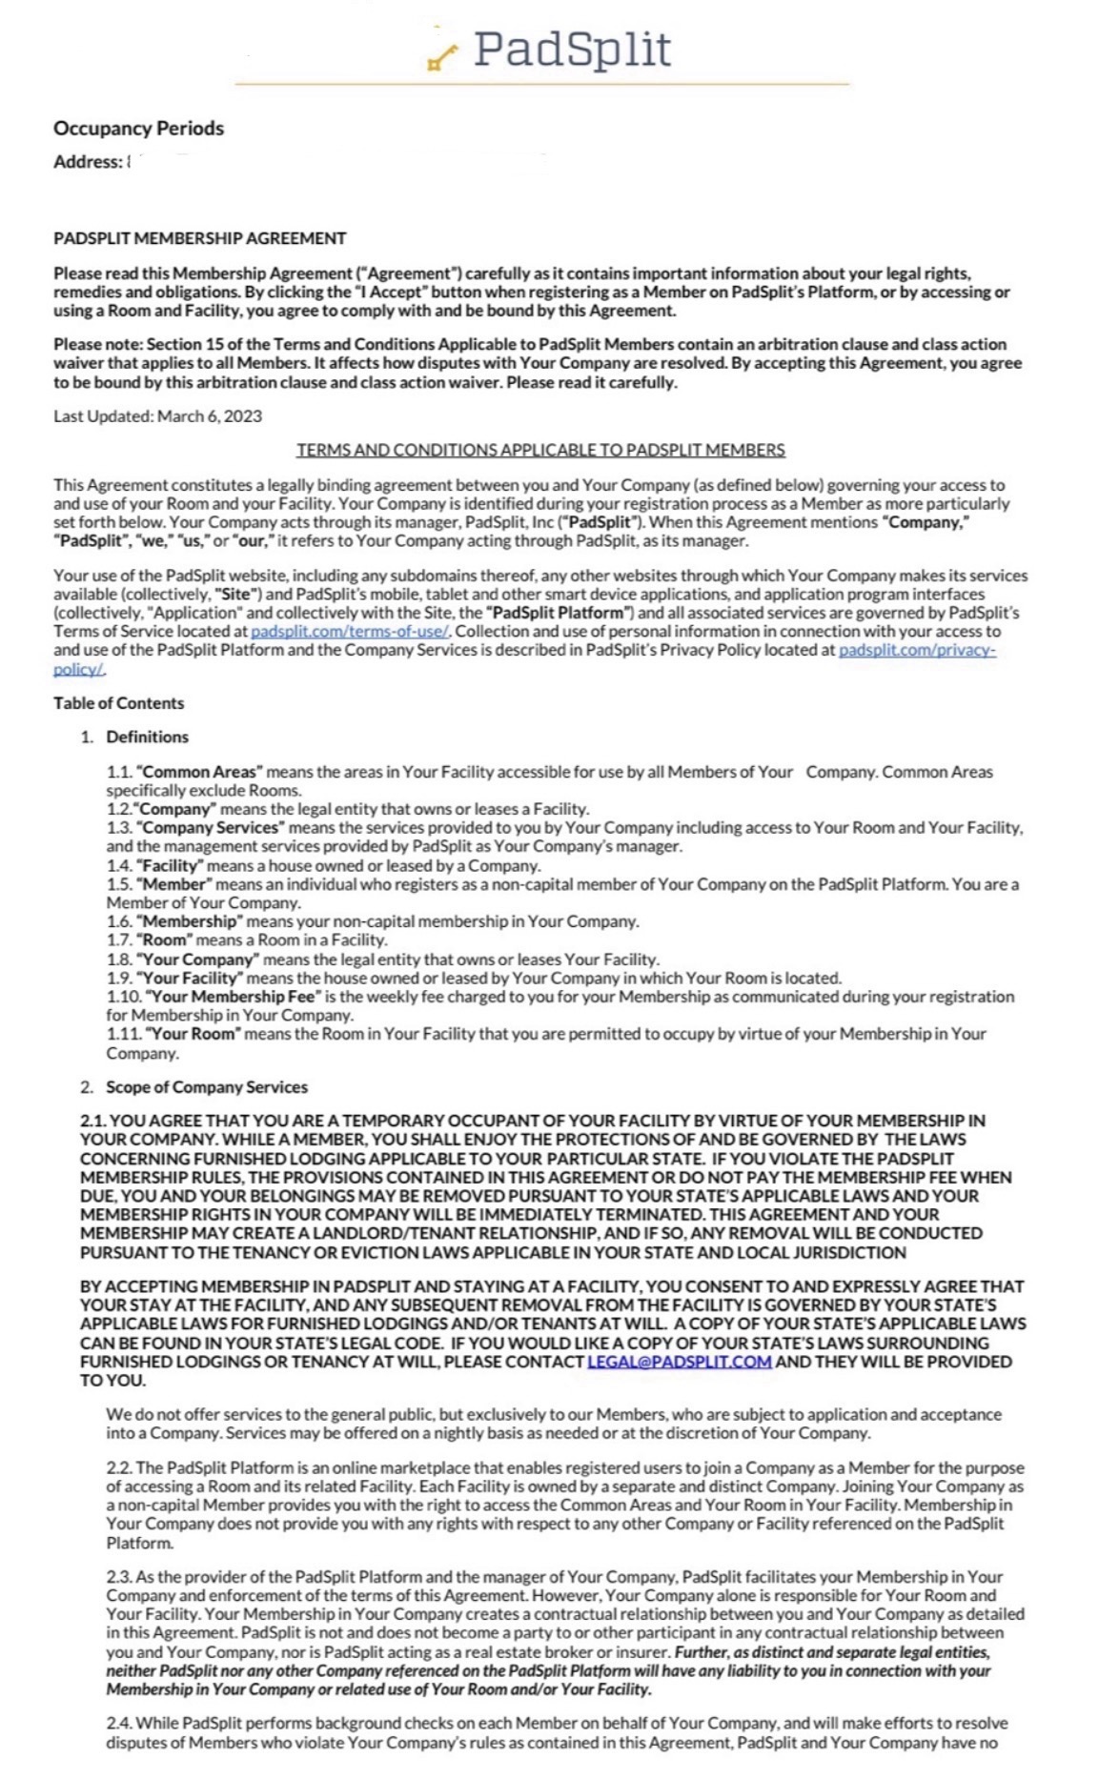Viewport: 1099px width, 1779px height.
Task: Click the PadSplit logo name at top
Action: [571, 50]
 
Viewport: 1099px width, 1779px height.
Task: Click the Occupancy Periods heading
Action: [138, 128]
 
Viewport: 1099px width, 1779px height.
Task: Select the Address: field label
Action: [87, 162]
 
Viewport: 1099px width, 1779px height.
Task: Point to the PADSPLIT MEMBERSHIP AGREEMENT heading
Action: [199, 238]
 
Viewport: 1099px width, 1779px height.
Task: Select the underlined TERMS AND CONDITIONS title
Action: [540, 450]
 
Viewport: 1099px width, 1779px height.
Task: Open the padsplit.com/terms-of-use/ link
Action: [350, 632]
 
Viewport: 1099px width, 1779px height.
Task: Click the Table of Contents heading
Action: [118, 703]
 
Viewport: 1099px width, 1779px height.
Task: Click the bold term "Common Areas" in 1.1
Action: [199, 772]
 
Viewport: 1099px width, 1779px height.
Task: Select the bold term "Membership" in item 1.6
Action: [190, 921]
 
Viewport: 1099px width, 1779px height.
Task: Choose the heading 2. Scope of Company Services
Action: [206, 1087]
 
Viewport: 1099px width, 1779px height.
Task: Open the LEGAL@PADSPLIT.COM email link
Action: [679, 1362]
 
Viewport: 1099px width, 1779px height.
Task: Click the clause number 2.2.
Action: [119, 1468]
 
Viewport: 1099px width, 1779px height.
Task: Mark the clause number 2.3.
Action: [119, 1577]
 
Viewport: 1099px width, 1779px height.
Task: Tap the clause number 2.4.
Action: [119, 1723]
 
